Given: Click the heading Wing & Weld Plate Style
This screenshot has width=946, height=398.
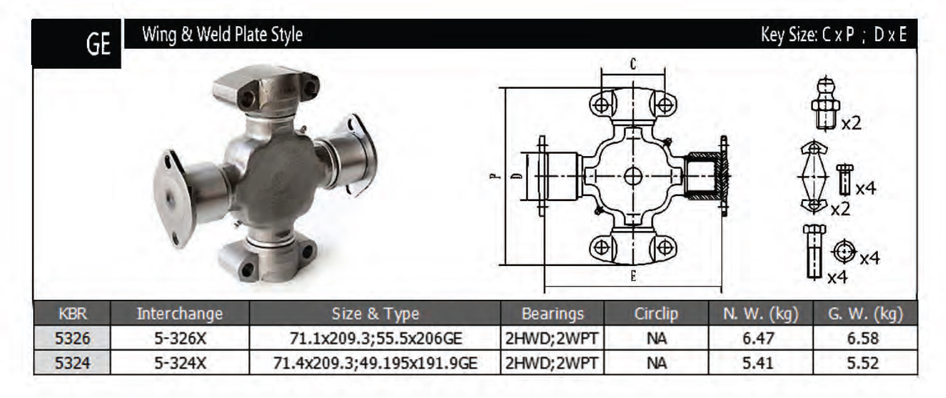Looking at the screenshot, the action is pos(222,34).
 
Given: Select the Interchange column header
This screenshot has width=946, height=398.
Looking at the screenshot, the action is pos(180,313).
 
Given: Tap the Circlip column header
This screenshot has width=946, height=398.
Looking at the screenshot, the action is pos(656,313).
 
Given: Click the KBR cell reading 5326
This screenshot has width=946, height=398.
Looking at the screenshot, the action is pos(72,338).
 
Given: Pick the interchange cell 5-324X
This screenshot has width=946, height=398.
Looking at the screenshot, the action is pos(180,363).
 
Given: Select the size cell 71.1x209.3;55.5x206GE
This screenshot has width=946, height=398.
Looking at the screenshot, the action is pos(375,338).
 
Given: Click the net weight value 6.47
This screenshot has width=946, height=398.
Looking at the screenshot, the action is pos(758,338).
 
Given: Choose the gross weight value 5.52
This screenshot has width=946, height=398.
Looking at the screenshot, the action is pos(863,363).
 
